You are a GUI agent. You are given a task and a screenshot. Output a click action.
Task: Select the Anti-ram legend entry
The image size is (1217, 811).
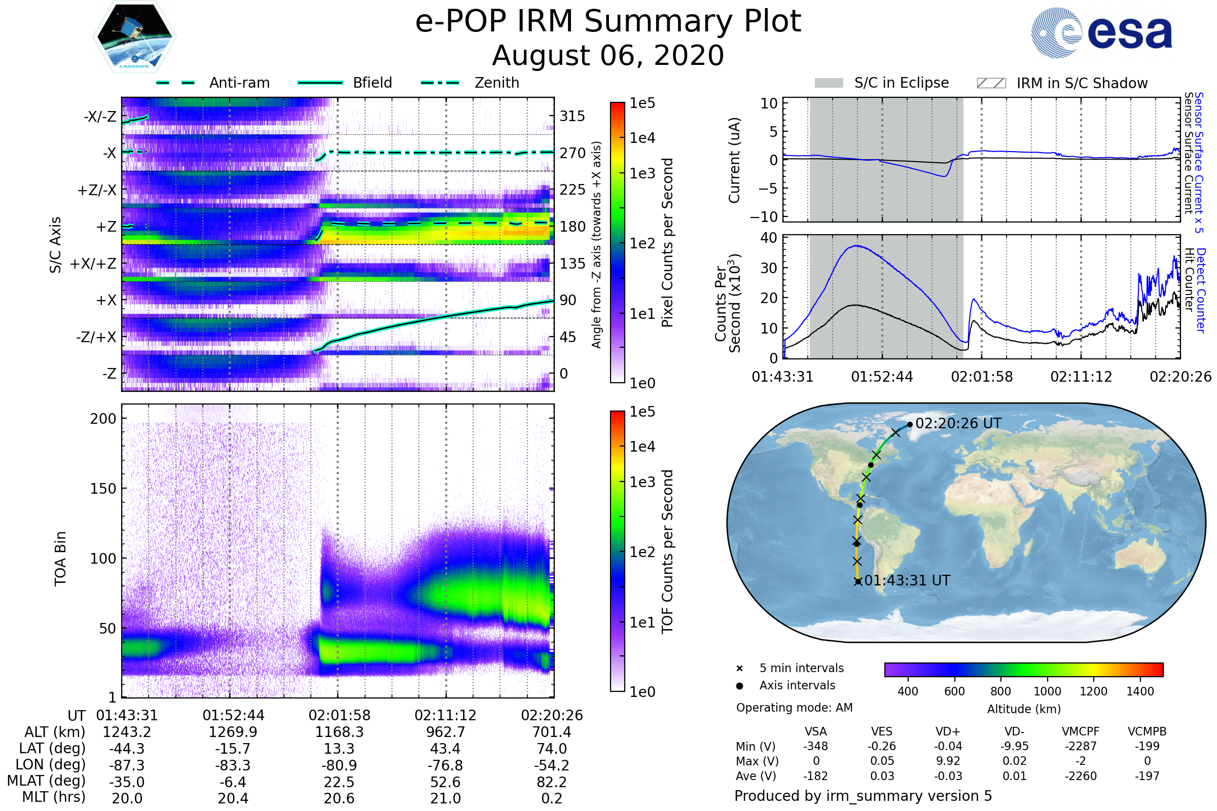(239, 83)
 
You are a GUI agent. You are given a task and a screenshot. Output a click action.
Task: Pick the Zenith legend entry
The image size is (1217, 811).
(496, 83)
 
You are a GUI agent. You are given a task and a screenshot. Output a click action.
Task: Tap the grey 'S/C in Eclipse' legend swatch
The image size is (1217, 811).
(829, 83)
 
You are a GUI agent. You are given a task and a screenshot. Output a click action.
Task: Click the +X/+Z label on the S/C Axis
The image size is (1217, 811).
(93, 264)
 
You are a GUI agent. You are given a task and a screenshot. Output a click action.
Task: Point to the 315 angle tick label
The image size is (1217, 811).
(572, 117)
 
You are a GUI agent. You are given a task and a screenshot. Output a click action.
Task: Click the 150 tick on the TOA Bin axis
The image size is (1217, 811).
(103, 489)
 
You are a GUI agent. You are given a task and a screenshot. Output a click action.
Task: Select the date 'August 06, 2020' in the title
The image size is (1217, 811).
(608, 56)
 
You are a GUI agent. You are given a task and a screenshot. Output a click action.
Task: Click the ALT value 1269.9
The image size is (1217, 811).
(233, 732)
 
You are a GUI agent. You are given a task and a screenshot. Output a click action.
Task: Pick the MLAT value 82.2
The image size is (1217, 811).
(552, 782)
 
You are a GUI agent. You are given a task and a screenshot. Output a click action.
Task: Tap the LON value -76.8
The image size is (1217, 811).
(445, 765)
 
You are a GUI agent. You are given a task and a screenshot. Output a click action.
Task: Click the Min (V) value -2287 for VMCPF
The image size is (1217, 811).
(1081, 746)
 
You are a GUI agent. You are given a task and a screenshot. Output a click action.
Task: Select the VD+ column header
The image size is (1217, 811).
(948, 732)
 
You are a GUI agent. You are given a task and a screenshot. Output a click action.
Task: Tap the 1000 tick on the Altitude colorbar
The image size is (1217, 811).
(1047, 691)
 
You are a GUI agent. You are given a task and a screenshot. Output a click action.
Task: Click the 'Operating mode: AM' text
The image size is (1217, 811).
(794, 708)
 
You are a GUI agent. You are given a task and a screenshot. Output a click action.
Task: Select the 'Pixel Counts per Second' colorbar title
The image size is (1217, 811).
(667, 242)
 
